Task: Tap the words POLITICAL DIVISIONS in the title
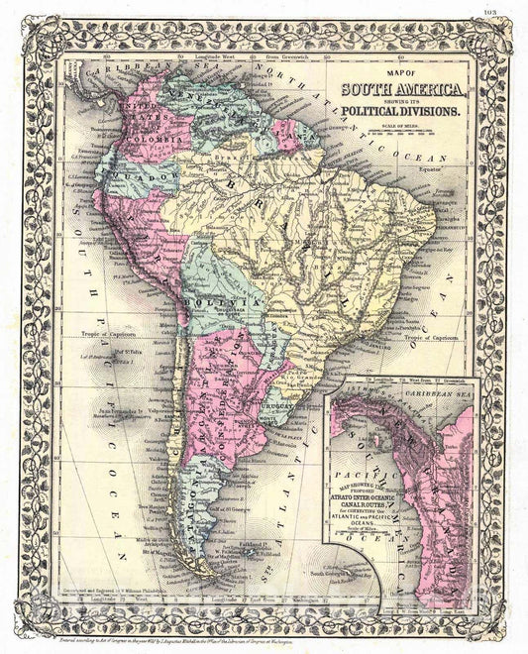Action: click(x=413, y=113)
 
